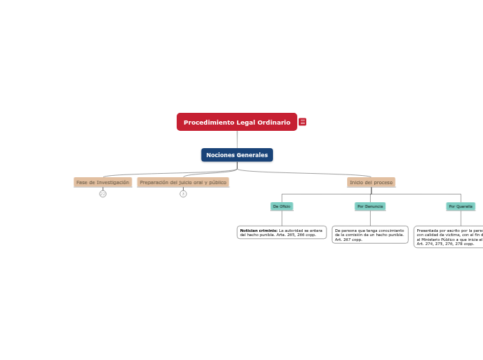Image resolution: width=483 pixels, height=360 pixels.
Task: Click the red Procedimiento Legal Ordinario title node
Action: click(236, 122)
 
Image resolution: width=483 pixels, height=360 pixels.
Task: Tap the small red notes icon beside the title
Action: click(303, 122)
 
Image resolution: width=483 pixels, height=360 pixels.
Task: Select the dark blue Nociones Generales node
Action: click(237, 155)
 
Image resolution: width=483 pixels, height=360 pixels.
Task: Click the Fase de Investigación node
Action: click(103, 182)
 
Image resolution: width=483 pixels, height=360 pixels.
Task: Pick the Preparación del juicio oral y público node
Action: click(183, 182)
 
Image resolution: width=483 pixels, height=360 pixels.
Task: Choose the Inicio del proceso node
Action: click(371, 182)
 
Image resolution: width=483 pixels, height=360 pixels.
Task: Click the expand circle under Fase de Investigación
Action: click(103, 194)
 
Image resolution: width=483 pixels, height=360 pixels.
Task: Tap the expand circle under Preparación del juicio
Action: click(183, 194)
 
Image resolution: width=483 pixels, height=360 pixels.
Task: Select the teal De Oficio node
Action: click(281, 206)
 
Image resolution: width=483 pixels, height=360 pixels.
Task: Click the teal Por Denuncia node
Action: click(370, 206)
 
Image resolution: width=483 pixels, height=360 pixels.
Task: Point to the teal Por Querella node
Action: click(460, 206)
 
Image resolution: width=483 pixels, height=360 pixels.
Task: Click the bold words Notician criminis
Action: click(258, 231)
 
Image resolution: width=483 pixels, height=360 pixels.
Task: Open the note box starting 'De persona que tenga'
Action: click(370, 235)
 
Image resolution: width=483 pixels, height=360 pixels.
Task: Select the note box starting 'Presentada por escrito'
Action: click(449, 237)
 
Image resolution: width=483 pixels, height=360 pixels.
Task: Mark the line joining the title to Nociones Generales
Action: click(237, 139)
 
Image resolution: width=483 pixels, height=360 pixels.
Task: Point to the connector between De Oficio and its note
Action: click(282, 218)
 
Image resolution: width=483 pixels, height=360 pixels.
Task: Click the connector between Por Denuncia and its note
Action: click(370, 218)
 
